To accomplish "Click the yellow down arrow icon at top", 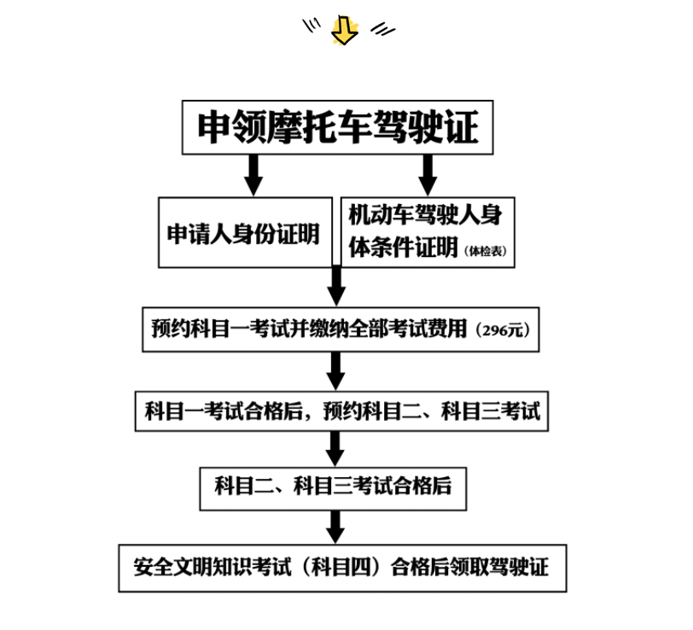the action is [x=345, y=30].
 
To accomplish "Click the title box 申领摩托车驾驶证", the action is [x=338, y=127].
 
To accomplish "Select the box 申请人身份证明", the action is [x=245, y=232].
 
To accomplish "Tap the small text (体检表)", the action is [x=486, y=251].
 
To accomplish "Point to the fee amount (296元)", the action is [x=503, y=330].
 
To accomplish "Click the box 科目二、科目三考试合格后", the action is [x=333, y=488].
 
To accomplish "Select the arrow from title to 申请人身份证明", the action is [x=253, y=175].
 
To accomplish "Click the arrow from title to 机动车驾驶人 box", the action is [x=428, y=175].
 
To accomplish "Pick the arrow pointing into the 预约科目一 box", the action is [x=336, y=286].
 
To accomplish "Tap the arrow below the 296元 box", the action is [x=336, y=371].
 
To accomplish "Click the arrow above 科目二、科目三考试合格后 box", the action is [x=335, y=449].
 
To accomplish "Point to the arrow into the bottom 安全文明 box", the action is [x=335, y=527].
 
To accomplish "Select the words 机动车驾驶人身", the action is [x=425, y=215].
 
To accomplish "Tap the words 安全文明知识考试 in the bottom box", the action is [x=213, y=567].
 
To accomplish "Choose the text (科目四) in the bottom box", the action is [x=341, y=567].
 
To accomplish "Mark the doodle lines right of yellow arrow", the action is [x=382, y=29].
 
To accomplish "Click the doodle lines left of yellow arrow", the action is [x=312, y=26].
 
